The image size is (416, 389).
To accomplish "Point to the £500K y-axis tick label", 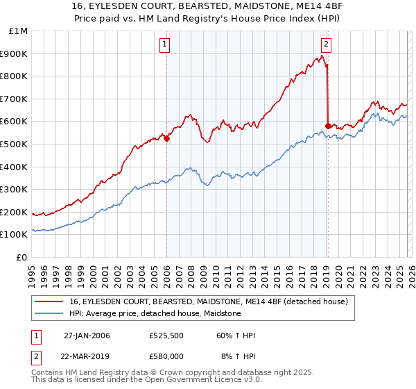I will (15, 144).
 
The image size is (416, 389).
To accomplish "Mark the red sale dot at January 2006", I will (167, 138).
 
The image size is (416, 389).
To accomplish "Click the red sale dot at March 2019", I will (328, 126).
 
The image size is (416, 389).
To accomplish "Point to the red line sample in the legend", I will (49, 301).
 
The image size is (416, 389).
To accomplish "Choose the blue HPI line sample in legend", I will (49, 313).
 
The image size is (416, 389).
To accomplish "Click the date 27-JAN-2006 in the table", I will (87, 336).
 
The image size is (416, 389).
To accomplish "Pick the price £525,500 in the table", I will (166, 336).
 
